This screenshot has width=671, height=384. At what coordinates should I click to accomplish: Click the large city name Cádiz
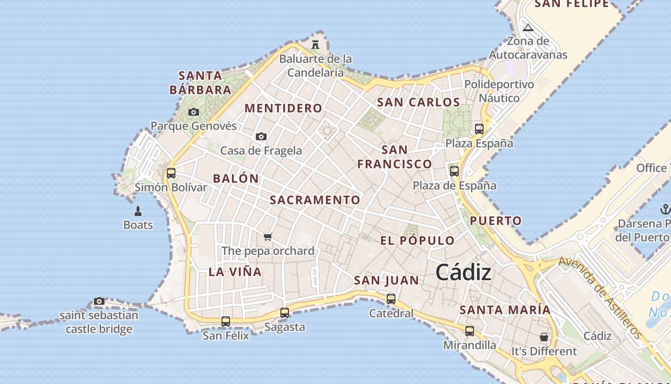pos(463,273)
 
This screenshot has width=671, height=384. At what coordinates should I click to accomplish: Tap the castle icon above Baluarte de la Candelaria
pos(315,45)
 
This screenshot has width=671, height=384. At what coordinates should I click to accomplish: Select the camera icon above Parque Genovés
pos(194,112)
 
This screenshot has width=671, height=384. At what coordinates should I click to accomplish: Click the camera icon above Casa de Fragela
pos(261,136)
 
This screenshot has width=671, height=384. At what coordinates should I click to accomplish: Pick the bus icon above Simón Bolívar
pos(171,173)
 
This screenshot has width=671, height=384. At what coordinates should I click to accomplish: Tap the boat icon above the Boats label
pos(138,211)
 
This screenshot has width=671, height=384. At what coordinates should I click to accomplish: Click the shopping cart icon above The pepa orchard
pos(268,237)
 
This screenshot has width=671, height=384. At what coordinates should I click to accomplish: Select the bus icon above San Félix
pos(226,321)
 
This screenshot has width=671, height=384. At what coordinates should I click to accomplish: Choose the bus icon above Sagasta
pos(285,313)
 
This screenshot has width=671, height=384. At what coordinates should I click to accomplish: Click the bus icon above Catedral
pos(391,299)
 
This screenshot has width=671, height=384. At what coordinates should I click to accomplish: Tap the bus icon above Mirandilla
pos(470,331)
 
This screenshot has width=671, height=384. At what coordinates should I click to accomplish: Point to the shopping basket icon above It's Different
pos(544,337)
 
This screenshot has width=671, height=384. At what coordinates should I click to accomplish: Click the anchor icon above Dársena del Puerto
pos(665,209)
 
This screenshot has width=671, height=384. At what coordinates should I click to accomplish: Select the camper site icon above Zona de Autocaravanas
pos(528,27)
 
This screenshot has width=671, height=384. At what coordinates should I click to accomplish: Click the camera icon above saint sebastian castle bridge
pos(99,301)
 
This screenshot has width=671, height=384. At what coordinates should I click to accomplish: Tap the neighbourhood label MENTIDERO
pos(283,108)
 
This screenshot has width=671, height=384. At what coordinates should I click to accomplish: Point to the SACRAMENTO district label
pos(315,200)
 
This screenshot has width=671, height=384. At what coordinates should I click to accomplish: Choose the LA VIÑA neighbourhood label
pos(235,272)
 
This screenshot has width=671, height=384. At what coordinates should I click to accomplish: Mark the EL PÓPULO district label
pos(417,240)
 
